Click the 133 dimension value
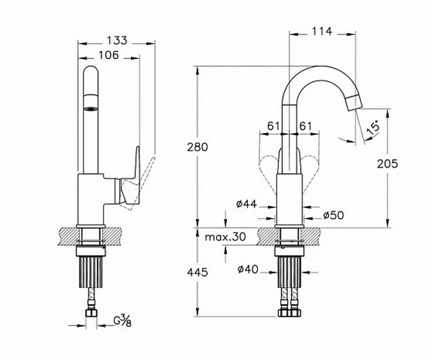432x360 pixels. tap(117, 40)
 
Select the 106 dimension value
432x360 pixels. tap(109, 55)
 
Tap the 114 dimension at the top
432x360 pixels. tap(322, 32)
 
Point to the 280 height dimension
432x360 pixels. tap(197, 147)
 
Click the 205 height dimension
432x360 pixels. tap(387, 164)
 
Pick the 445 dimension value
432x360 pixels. tap(197, 272)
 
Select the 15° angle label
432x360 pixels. tap(374, 128)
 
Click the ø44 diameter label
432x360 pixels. tap(246, 204)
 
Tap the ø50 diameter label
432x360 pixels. tap(333, 215)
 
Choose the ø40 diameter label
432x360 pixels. tap(248, 269)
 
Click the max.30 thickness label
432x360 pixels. tap(225, 237)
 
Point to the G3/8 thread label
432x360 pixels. tap(122, 321)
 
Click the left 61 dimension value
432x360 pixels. tap(274, 127)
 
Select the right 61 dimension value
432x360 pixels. tap(305, 127)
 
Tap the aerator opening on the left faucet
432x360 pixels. tap(91, 109)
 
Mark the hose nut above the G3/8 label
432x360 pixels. tap(91, 313)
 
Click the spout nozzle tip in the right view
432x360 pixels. tap(354, 102)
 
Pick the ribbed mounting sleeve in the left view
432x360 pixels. tap(91, 272)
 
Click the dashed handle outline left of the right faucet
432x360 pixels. tap(266, 171)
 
